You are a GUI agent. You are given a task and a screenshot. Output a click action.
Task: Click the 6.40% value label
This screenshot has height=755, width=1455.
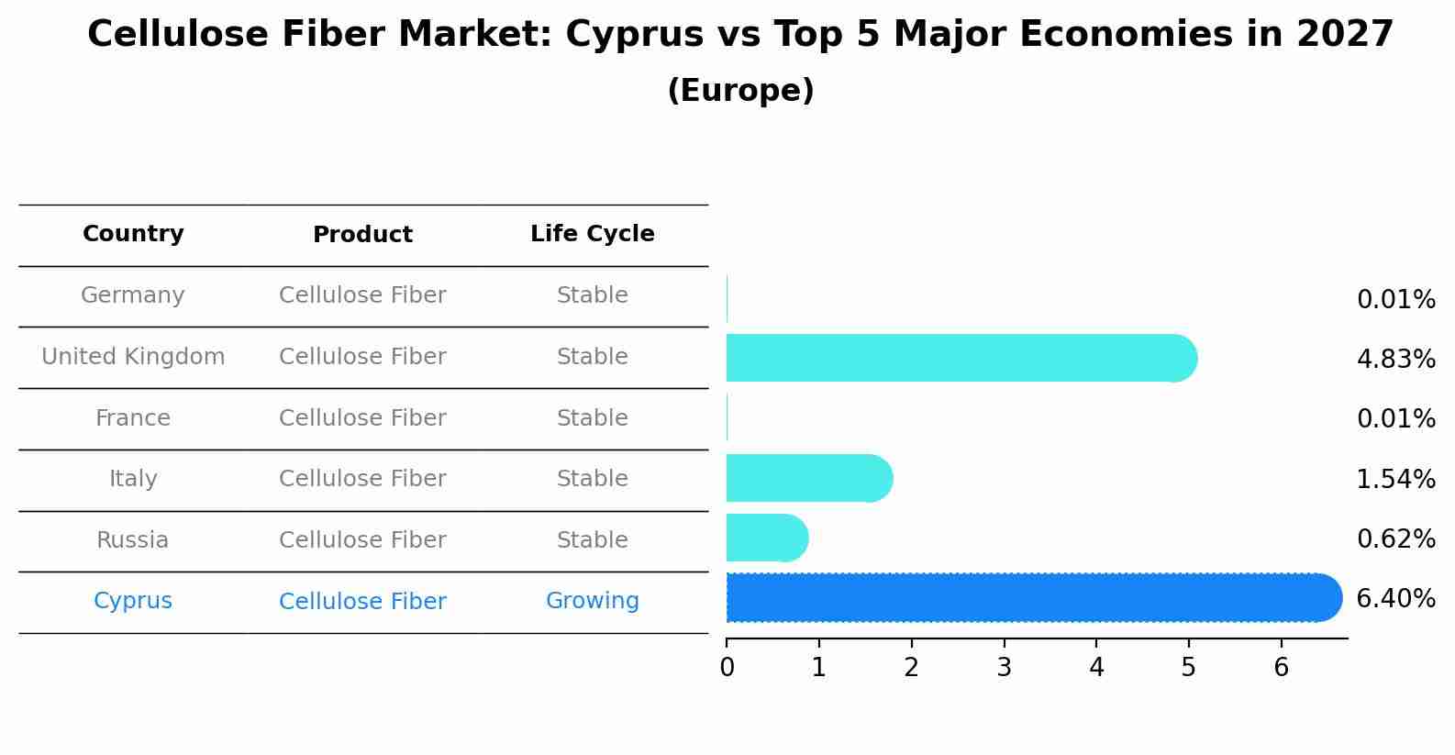pyautogui.click(x=1395, y=599)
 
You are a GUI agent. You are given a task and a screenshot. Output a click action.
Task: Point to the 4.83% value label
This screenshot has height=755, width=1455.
pyautogui.click(x=1395, y=359)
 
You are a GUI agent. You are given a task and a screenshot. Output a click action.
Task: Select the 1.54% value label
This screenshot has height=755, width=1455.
pyautogui.click(x=1395, y=479)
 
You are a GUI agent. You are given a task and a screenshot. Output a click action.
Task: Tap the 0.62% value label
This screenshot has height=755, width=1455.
pyautogui.click(x=1395, y=538)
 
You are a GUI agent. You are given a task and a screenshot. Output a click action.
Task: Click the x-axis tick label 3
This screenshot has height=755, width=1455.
pyautogui.click(x=1004, y=668)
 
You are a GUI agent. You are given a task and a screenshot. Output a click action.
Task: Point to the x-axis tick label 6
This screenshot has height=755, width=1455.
pyautogui.click(x=1281, y=668)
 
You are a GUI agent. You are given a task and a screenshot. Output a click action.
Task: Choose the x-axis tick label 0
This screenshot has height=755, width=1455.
pyautogui.click(x=727, y=668)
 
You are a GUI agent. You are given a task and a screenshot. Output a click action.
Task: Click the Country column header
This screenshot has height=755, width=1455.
pyautogui.click(x=133, y=234)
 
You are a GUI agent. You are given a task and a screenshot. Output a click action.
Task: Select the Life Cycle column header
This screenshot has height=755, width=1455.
pyautogui.click(x=592, y=234)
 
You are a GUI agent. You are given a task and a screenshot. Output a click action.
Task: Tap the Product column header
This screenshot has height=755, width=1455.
pyautogui.click(x=362, y=235)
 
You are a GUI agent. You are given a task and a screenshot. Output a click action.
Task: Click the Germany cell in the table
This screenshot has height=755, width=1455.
pyautogui.click(x=133, y=295)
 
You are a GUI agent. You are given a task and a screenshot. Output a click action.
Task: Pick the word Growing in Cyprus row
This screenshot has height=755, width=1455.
pyautogui.click(x=592, y=601)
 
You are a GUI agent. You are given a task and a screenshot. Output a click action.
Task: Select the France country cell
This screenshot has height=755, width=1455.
pyautogui.click(x=133, y=418)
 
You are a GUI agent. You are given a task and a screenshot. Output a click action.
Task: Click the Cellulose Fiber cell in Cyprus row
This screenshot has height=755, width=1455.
pyautogui.click(x=362, y=602)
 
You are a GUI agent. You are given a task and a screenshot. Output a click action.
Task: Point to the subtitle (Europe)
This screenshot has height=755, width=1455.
pyautogui.click(x=740, y=91)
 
